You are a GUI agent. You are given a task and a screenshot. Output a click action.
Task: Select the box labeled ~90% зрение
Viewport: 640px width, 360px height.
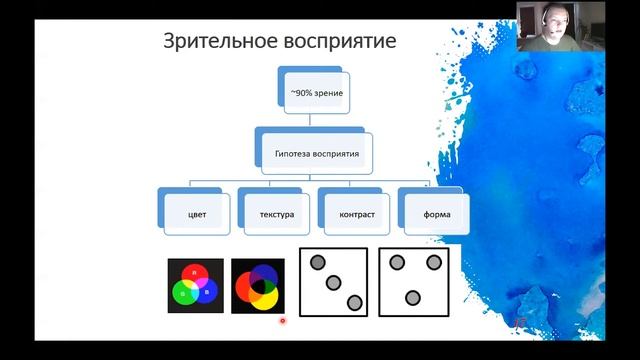[315, 92]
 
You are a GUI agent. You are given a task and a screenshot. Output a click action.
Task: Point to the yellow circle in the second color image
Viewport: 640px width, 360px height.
[264, 293]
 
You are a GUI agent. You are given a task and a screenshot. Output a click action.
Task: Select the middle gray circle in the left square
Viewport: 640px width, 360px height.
[334, 282]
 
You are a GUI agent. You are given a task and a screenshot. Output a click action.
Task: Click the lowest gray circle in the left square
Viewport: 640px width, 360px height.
[353, 302]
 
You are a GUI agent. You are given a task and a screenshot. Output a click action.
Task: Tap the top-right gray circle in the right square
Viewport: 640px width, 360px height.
[434, 262]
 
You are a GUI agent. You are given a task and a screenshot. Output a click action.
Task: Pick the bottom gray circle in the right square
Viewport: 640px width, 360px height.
[414, 297]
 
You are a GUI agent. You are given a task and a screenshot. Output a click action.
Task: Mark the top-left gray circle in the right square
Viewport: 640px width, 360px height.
[397, 262]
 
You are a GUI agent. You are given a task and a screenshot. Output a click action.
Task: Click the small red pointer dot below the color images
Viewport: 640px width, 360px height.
[283, 321]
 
